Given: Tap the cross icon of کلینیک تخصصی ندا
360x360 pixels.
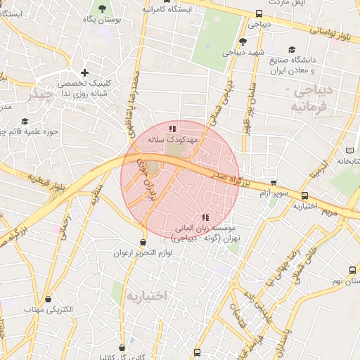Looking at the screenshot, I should pos(85,72).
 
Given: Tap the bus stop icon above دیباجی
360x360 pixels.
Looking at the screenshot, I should pos(259,13).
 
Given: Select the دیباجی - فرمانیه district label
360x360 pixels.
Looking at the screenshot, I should pos(313,98).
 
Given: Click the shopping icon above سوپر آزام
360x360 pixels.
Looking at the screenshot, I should pos(274,182).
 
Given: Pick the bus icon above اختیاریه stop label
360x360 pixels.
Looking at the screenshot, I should pos(304,196).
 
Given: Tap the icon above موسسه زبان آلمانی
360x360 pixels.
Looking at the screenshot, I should pos(205,218).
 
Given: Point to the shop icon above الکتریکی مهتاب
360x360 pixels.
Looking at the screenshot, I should pos(49,300).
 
